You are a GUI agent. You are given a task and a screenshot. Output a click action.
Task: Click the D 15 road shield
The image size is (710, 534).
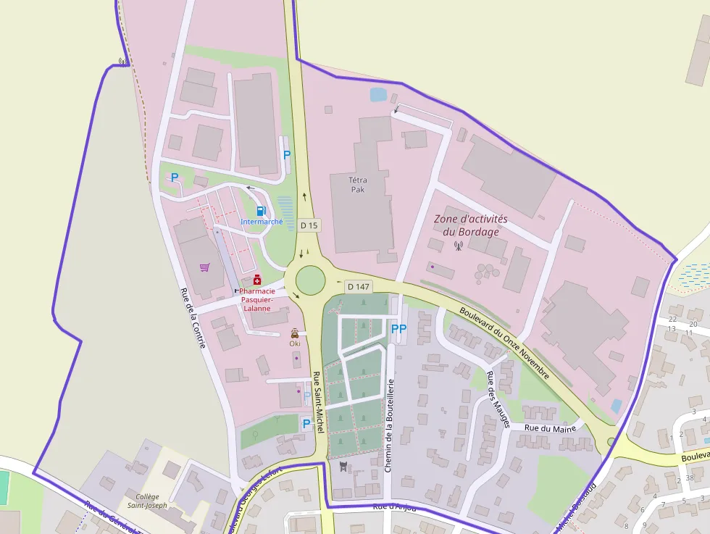309,225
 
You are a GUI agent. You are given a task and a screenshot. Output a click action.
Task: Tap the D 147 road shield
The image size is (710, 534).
358,287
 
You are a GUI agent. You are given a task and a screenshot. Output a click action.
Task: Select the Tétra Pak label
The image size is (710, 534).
358,185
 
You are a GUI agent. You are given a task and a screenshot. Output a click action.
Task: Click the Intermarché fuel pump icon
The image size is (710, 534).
261,211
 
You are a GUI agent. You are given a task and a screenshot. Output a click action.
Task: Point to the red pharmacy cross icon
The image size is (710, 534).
256,280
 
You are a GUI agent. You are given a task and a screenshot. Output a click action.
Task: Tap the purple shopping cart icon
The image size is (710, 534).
205,267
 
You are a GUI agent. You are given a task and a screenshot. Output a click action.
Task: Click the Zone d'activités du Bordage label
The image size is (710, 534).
471,225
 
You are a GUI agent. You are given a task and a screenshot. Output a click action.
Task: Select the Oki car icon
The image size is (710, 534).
295,333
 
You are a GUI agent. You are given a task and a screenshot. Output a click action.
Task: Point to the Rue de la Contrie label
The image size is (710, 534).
193,317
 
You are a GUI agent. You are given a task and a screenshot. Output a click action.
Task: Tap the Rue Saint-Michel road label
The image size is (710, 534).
317,404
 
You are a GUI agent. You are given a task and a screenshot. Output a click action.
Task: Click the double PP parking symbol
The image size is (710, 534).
398,329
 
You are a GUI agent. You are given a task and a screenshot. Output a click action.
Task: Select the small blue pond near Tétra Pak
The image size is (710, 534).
378,94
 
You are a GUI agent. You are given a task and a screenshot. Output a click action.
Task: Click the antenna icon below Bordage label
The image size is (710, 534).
458,246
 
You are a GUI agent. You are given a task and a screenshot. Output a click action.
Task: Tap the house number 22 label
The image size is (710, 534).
672,319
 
